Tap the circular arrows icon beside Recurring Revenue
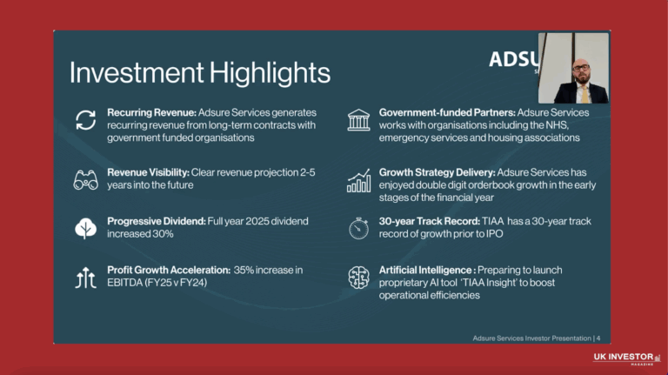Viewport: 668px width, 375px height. (x=85, y=120)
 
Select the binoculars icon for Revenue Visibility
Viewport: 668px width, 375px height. (x=85, y=180)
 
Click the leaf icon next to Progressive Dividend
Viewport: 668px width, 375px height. (x=85, y=228)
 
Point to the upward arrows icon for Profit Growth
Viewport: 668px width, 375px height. (x=85, y=278)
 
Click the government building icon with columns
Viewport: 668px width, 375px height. (x=357, y=120)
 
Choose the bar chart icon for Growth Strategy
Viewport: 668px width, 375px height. (x=357, y=180)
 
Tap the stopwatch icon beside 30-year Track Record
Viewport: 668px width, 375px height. (x=357, y=228)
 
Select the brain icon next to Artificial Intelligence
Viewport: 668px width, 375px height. (x=357, y=278)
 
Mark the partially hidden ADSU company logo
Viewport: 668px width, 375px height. (x=512, y=59)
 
